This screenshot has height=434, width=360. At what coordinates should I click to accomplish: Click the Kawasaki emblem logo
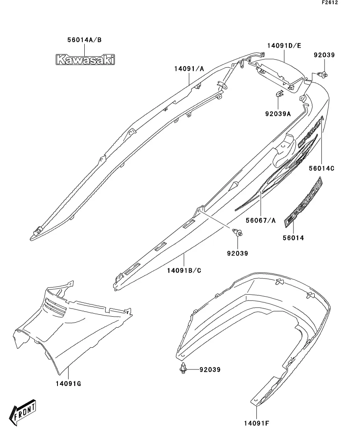tap(85, 59)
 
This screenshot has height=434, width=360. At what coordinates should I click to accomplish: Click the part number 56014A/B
tap(84, 40)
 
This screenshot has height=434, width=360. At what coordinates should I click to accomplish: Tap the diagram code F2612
tap(329, 2)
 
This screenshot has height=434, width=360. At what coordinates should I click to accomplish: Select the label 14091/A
tap(189, 69)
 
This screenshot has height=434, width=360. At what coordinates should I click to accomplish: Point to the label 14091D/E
tap(284, 46)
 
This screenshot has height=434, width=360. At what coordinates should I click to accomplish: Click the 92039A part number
tap(278, 114)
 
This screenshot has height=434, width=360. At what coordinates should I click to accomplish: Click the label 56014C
tap(321, 168)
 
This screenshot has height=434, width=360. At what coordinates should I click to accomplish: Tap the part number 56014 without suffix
tap(293, 238)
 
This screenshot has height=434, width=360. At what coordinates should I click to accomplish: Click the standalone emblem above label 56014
tap(303, 202)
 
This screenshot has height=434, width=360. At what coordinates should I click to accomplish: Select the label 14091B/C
tap(184, 271)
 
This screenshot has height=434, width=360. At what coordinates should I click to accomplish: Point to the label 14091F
tap(256, 423)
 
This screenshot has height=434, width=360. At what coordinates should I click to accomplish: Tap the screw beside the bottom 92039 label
tap(183, 369)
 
